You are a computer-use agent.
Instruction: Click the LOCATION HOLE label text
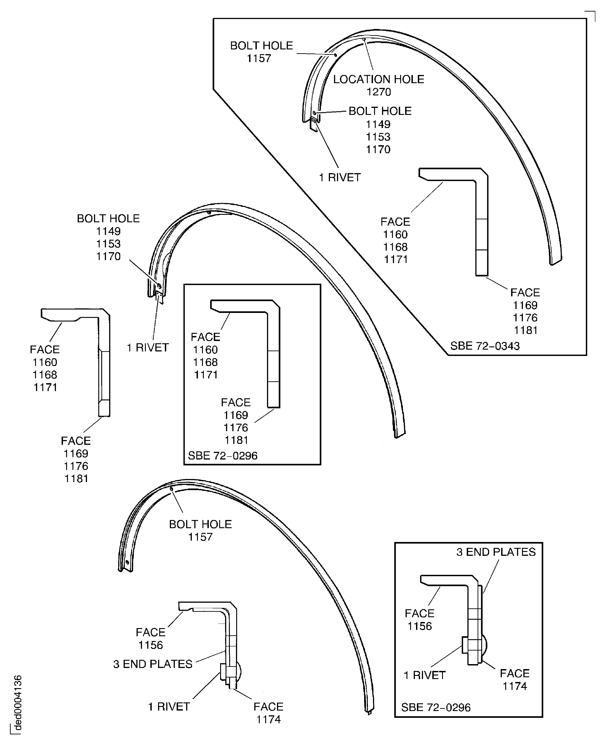[378, 79]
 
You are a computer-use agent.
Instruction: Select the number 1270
[378, 92]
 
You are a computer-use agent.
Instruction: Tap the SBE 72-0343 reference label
[485, 346]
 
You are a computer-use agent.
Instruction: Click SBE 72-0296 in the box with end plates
[436, 707]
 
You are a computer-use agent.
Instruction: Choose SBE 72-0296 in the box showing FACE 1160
[222, 455]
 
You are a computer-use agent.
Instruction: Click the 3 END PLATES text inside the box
[496, 552]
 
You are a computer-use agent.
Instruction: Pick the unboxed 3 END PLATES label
[153, 664]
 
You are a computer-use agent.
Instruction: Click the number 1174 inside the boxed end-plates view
[514, 686]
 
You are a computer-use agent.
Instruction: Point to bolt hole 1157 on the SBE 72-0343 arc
[335, 55]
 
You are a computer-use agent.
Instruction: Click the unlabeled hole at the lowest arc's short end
[127, 563]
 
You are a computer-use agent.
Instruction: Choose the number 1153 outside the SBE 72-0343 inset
[108, 243]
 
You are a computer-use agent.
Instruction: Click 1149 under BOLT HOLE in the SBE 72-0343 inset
[378, 124]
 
